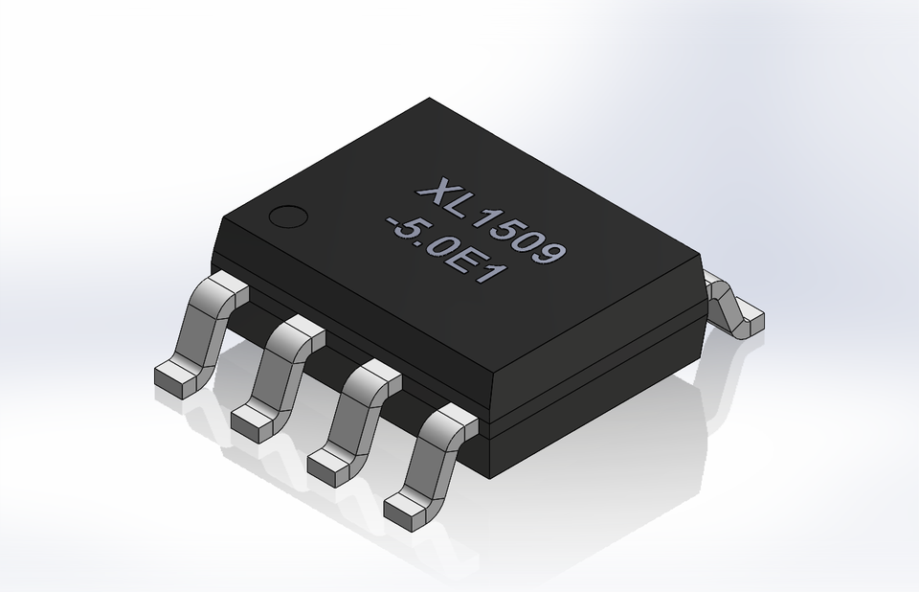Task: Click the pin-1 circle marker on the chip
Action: (286, 216)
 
